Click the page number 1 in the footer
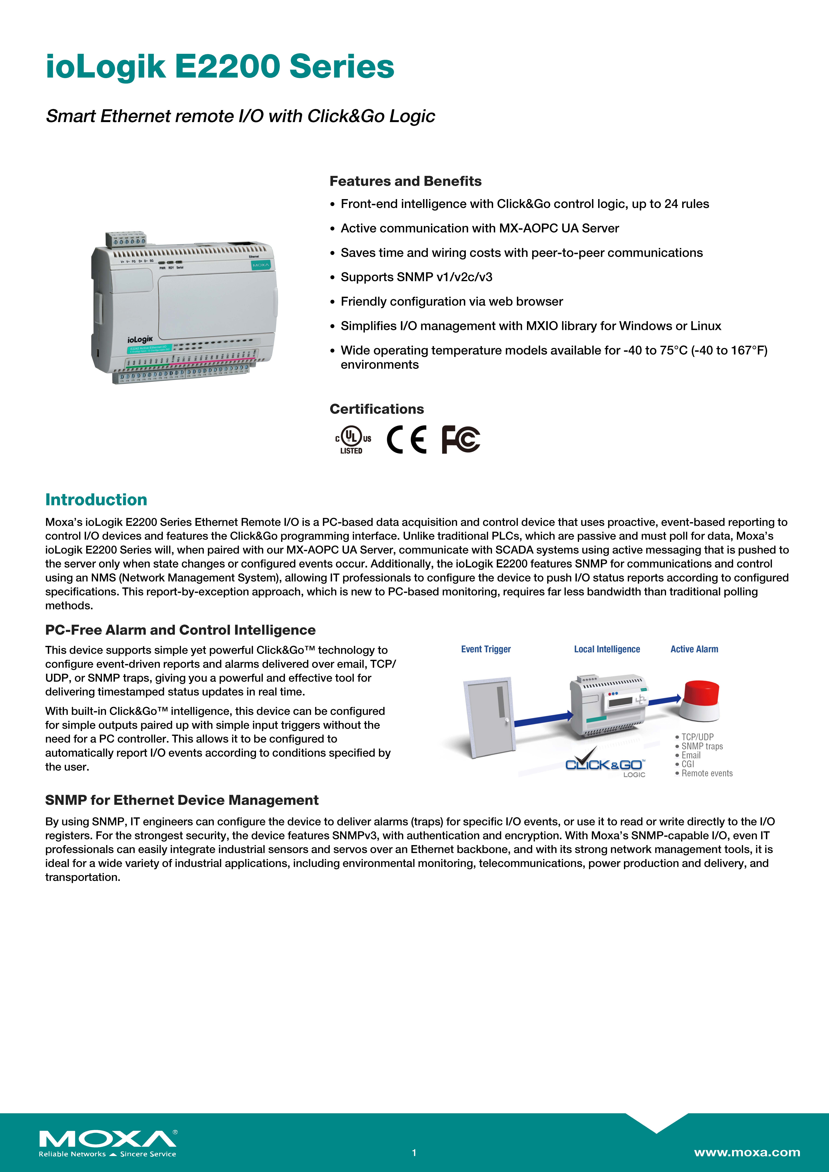(x=414, y=1153)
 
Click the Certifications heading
(x=376, y=409)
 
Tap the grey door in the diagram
(x=489, y=715)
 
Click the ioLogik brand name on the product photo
(x=140, y=339)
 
